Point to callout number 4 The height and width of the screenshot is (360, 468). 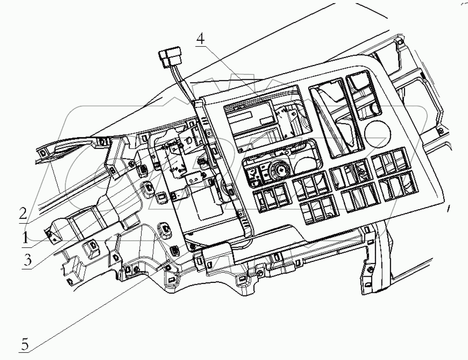tap(200, 39)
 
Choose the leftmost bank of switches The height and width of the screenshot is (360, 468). tap(270, 199)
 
